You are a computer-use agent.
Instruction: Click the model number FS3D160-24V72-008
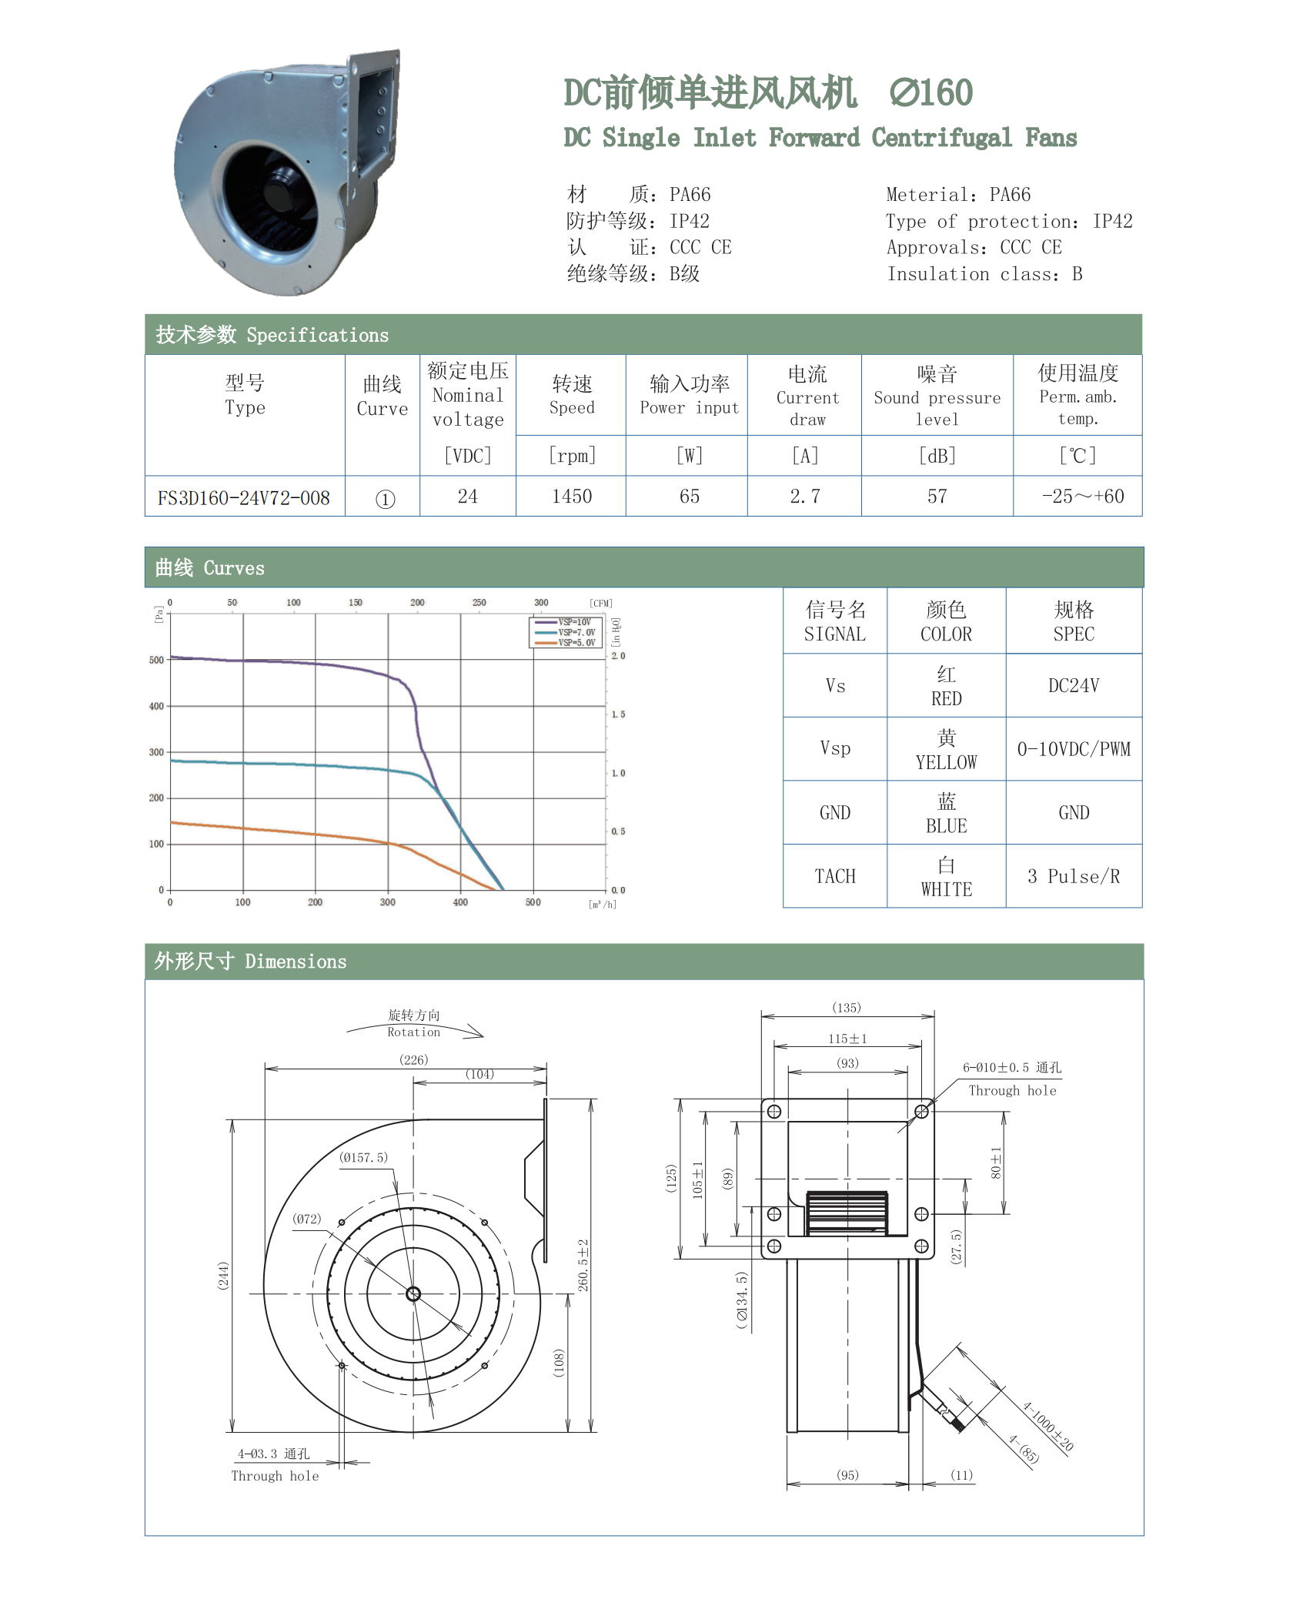(244, 497)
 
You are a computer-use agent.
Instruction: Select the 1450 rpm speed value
(572, 497)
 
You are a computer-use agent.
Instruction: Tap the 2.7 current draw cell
(805, 497)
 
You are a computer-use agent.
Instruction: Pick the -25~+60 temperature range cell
(1083, 497)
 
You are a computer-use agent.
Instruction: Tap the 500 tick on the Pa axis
(156, 660)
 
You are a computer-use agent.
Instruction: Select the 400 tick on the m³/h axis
(460, 902)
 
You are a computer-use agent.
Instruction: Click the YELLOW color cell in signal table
(946, 750)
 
